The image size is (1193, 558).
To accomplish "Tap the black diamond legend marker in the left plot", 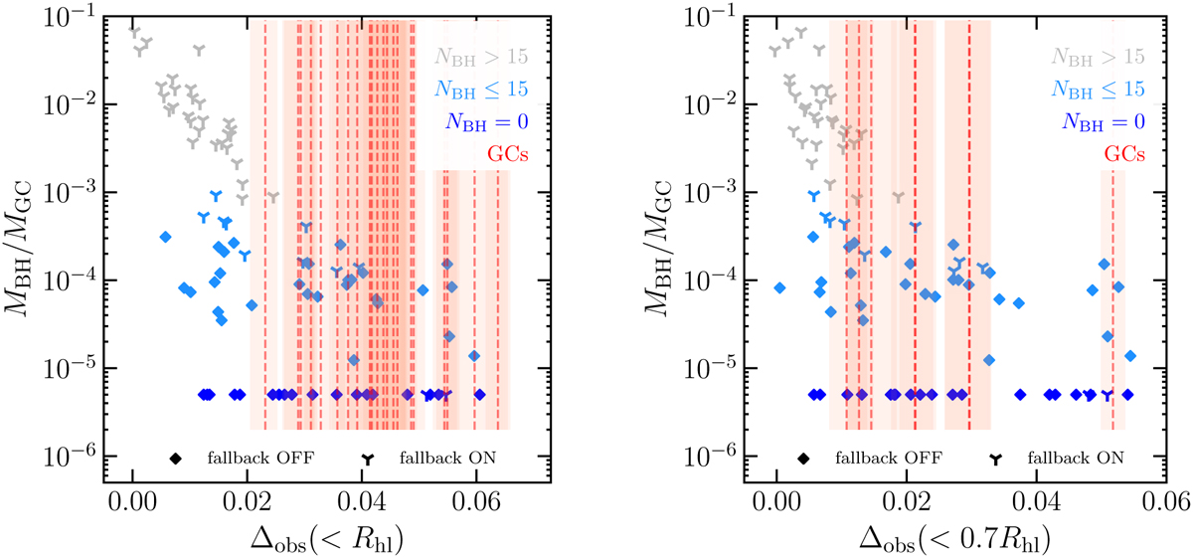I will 175,459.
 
